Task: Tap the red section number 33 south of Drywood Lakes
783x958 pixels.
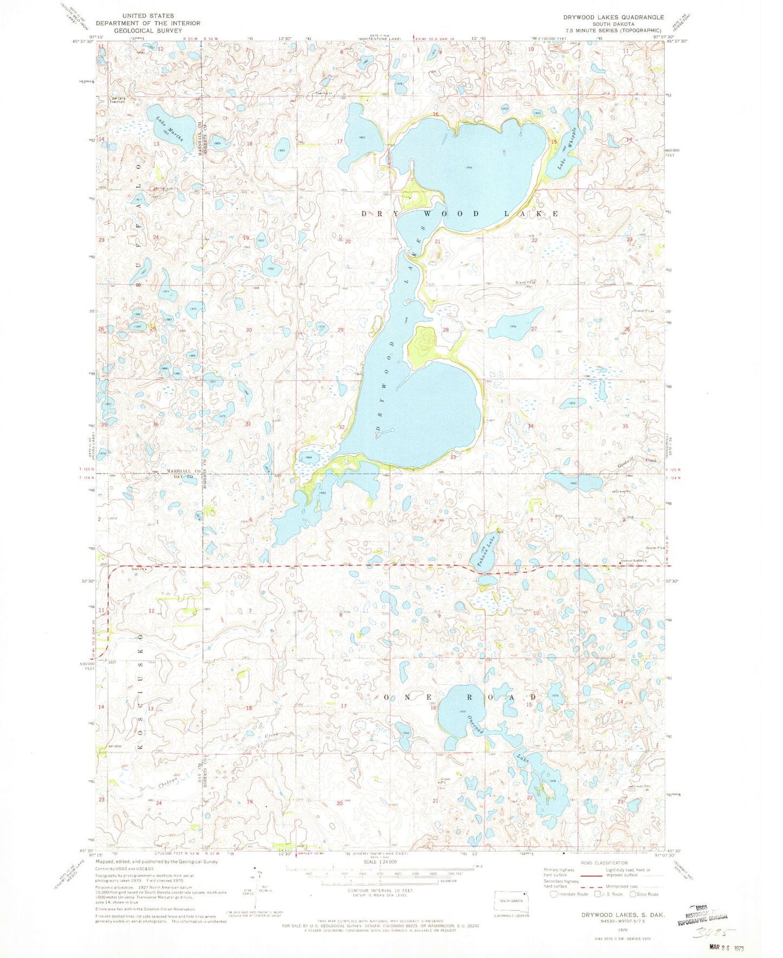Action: tap(452, 457)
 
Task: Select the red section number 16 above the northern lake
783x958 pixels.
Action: tap(436, 114)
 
